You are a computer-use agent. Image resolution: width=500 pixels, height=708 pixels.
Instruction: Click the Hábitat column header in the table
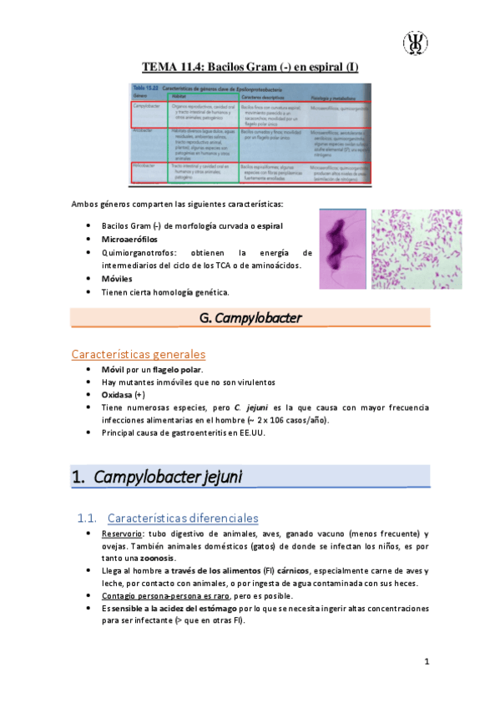click(x=181, y=97)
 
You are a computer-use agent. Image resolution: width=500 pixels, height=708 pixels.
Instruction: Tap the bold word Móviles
click(x=119, y=278)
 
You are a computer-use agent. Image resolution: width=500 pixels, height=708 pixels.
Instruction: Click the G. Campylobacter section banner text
click(x=251, y=317)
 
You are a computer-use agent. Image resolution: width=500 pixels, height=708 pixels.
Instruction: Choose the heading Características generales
click(x=139, y=354)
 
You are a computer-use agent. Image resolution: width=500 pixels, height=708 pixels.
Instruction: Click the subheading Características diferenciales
click(x=183, y=518)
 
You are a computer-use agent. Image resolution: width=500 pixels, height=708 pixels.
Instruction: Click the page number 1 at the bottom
click(x=425, y=663)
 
